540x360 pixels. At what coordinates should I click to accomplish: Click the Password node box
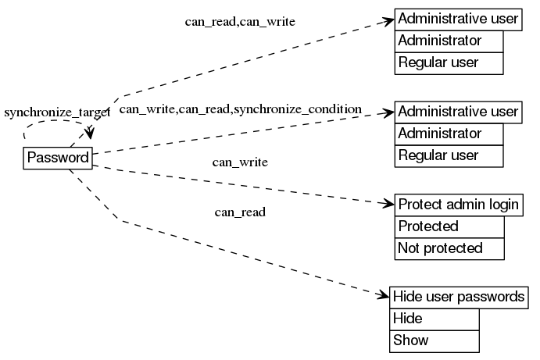point(57,158)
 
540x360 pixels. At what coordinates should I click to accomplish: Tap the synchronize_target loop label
point(56,112)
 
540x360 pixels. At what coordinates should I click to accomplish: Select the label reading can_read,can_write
point(240,22)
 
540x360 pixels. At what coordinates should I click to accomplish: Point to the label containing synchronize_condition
point(240,109)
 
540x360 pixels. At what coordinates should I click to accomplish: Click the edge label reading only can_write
point(240,162)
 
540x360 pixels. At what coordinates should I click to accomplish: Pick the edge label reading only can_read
point(240,212)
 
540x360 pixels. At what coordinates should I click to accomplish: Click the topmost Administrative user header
point(458,19)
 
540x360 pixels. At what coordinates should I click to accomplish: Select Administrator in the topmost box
point(449,41)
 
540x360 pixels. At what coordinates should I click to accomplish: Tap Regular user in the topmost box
point(449,62)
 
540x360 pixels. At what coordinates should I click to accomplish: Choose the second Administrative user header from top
point(458,112)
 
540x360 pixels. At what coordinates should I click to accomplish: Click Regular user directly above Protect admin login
point(449,155)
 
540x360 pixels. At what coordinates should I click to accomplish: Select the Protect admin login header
point(458,205)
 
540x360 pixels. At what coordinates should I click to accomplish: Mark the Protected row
point(449,226)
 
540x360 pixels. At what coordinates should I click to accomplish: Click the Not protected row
point(449,248)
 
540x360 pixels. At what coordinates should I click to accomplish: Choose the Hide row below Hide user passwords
point(434,319)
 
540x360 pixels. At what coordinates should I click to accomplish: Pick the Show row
point(434,340)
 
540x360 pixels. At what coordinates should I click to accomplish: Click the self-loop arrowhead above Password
point(91,134)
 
